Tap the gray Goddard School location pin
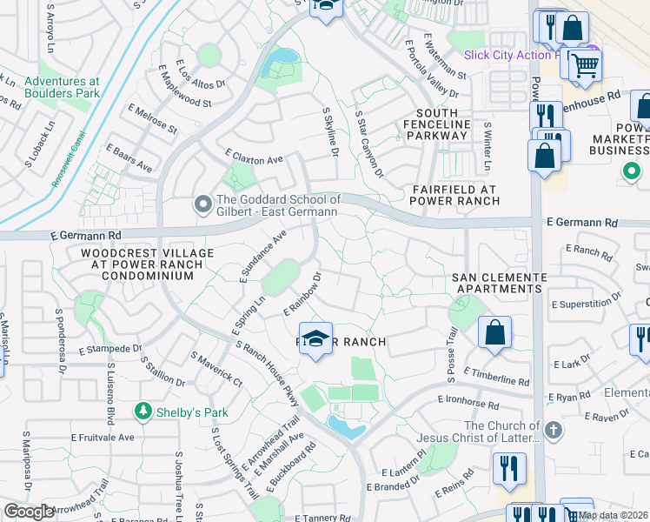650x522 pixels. [202, 205]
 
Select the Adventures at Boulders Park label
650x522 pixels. [62, 88]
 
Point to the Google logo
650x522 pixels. [29, 512]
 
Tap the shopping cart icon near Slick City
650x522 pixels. [586, 64]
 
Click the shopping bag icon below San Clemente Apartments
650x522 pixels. [494, 332]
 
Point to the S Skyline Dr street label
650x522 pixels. [329, 133]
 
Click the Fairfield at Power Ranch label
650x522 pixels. [451, 193]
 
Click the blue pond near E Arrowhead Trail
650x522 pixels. [346, 426]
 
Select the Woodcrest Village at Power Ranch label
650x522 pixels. [136, 264]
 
